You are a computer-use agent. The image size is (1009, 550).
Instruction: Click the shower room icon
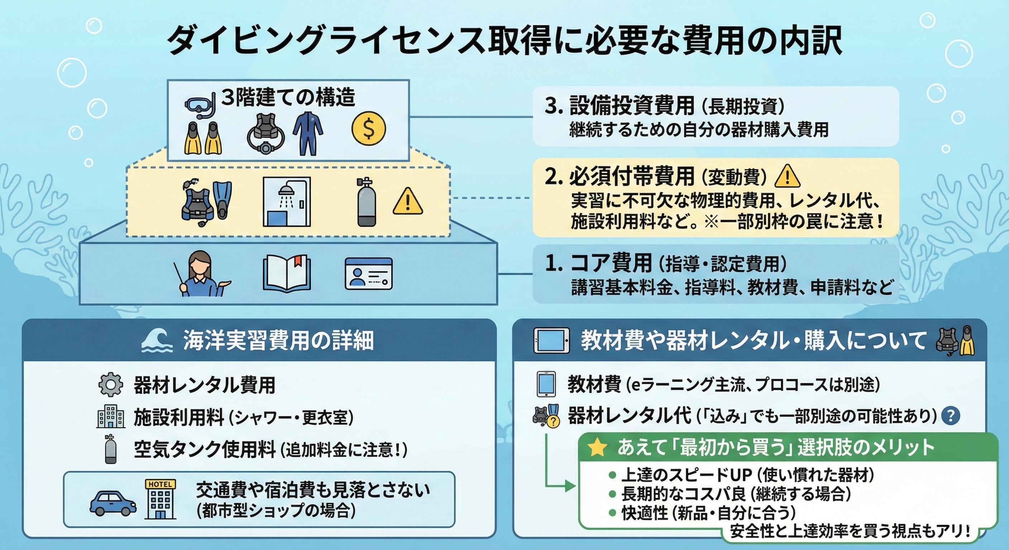pyautogui.click(x=286, y=202)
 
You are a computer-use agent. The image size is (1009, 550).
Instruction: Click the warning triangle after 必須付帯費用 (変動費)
pyautogui.click(x=787, y=177)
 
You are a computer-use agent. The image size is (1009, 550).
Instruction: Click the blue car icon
pyautogui.click(x=113, y=503)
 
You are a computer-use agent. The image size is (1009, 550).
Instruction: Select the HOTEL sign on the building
pyautogui.click(x=160, y=484)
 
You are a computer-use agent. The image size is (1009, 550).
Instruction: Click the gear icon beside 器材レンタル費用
pyautogui.click(x=110, y=385)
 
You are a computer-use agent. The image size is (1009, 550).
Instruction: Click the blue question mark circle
pyautogui.click(x=950, y=416)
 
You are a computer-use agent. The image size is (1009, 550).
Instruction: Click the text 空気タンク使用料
pyautogui.click(x=205, y=450)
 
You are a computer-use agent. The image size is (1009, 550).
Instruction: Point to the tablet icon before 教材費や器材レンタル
pyautogui.click(x=551, y=341)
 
